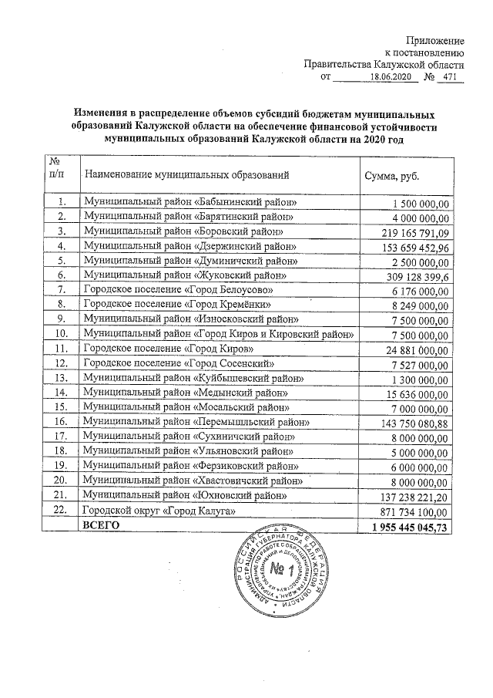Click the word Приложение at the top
pos(435,39)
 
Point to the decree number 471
pos(453,77)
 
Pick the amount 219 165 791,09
pos(416,231)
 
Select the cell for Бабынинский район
pos(190,203)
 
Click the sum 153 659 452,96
pos(416,246)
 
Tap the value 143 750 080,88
pos(416,423)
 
